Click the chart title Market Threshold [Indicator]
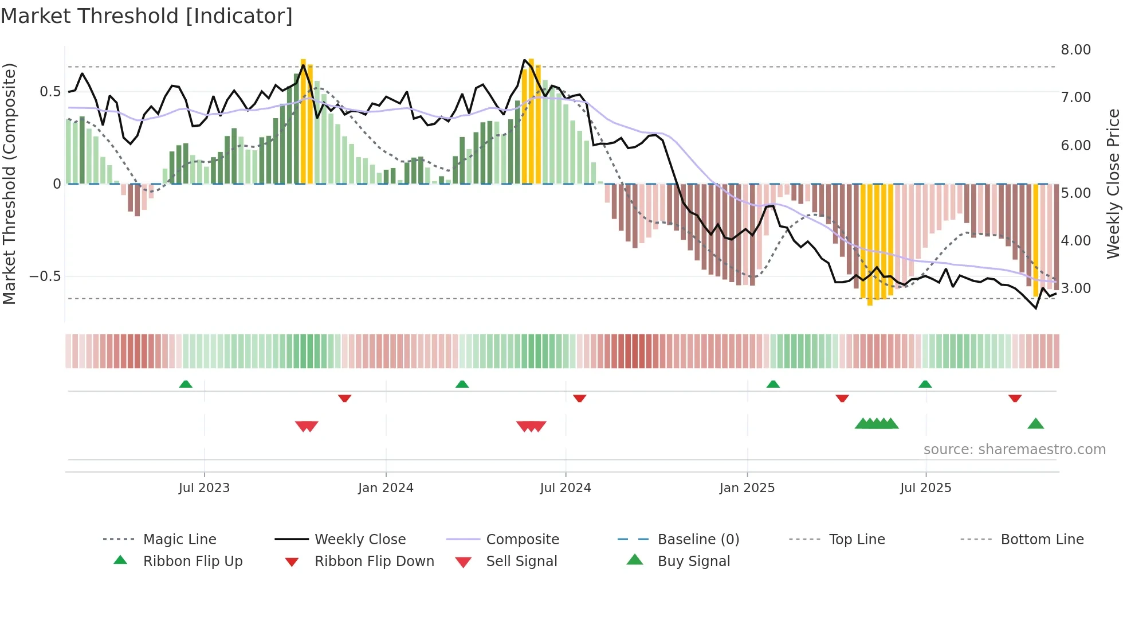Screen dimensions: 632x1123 (147, 16)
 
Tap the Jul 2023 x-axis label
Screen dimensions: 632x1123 (204, 487)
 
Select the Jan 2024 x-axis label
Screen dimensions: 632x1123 (386, 487)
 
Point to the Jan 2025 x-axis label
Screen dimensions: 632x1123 (747, 487)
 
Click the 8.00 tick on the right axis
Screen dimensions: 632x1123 (1075, 50)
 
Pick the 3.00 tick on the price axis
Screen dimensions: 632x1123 (1075, 288)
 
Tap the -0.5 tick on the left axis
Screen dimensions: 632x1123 (45, 276)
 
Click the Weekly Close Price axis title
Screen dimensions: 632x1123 (1113, 184)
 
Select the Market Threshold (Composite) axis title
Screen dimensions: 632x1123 (9, 184)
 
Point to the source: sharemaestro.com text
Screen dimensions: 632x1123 (1014, 450)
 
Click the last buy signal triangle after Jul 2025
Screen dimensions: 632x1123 (1035, 424)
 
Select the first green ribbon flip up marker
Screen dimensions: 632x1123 (186, 384)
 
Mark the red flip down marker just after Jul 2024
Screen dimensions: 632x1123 (579, 398)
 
